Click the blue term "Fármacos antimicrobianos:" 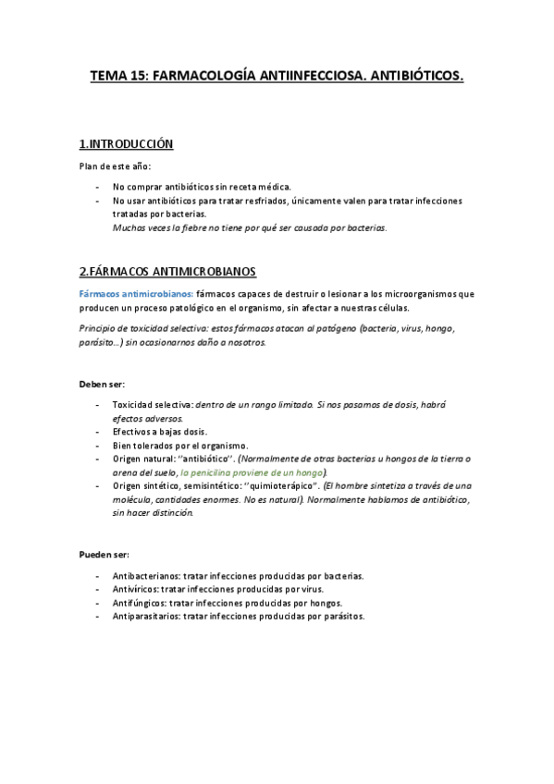click(136, 293)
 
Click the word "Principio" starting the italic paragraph click(100, 328)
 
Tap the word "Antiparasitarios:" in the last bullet click(145, 616)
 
